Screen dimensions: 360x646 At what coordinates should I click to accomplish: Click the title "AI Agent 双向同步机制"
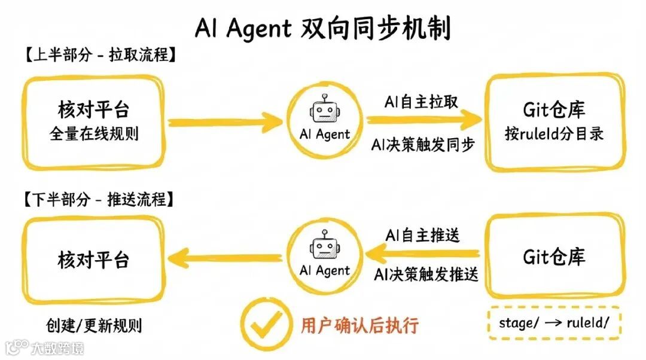323,28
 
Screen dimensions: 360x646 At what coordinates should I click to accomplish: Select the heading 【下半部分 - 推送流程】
99,199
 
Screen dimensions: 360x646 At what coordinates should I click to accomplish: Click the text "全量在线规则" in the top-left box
94,133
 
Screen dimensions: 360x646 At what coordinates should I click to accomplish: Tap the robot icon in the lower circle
324,247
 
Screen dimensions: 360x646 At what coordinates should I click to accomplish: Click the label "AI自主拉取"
421,102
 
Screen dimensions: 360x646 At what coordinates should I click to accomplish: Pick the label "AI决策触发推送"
426,275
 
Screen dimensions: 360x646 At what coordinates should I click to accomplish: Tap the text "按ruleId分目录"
554,133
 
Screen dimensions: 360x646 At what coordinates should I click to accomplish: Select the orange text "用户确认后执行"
359,325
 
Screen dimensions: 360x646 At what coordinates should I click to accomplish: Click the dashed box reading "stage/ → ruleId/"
554,324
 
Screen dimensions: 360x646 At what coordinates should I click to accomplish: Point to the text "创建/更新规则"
94,325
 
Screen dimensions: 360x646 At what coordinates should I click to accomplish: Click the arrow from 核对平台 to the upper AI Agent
224,123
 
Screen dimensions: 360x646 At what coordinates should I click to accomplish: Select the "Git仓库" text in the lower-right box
554,257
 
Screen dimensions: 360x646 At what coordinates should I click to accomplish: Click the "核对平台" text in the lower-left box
94,259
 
